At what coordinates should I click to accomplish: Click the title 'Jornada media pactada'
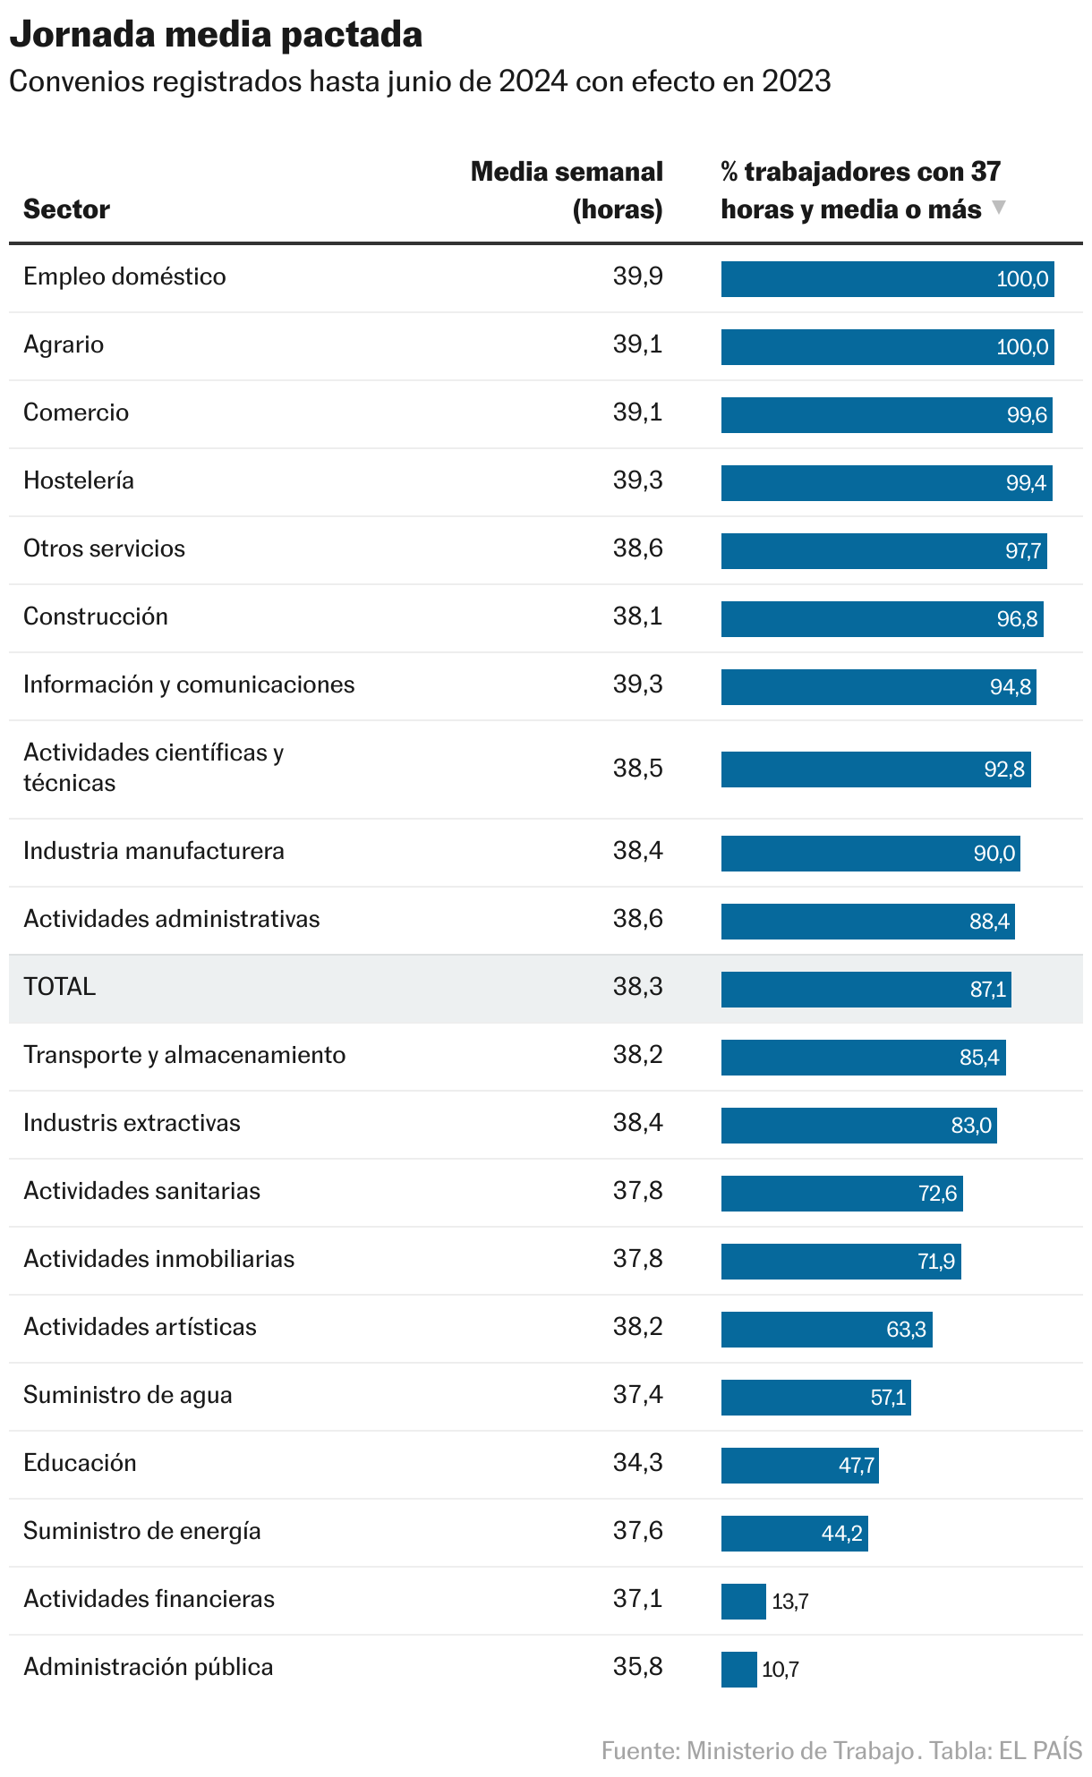click(x=216, y=34)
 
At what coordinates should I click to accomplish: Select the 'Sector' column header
click(x=66, y=209)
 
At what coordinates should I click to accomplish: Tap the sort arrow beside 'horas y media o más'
click(x=999, y=208)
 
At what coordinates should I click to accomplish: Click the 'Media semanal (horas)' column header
click(x=567, y=190)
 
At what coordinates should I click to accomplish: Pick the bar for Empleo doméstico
click(x=887, y=279)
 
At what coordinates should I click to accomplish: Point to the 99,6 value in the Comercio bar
click(x=1027, y=415)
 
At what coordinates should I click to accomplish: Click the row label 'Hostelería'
click(x=79, y=480)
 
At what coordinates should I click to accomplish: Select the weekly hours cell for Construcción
click(x=637, y=616)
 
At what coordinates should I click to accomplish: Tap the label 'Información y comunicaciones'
click(x=189, y=684)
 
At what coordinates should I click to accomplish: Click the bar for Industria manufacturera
click(x=870, y=854)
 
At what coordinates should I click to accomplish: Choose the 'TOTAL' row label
click(x=59, y=987)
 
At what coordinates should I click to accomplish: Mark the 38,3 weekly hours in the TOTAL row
click(x=637, y=987)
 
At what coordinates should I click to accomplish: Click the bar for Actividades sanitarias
click(x=841, y=1194)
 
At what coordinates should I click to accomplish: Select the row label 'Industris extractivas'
click(x=132, y=1123)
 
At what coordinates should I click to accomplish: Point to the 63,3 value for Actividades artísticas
click(x=906, y=1330)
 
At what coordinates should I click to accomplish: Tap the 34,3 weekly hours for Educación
click(x=637, y=1463)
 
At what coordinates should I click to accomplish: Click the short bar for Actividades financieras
click(x=743, y=1602)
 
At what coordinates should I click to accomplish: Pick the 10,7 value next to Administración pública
click(x=781, y=1670)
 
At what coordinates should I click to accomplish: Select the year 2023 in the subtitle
click(x=796, y=81)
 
